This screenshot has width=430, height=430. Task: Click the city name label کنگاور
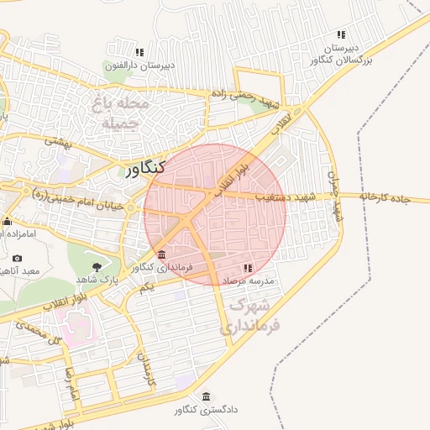[144, 168]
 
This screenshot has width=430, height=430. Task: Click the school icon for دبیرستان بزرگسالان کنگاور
[341, 34]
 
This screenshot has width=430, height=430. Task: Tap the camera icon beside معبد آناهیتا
[18, 258]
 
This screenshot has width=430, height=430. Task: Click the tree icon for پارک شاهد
[97, 265]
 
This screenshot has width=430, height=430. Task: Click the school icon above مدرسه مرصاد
[247, 266]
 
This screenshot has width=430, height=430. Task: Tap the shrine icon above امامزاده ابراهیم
[7, 222]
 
